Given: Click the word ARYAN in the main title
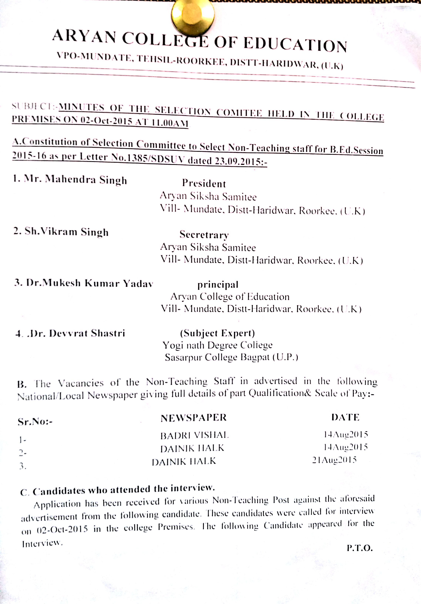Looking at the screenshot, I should point(84,36).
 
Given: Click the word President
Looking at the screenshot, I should point(204,183).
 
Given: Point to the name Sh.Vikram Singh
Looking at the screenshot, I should point(61,231).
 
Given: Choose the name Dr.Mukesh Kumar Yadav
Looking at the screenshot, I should point(84,283).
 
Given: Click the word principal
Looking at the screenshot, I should point(218,284).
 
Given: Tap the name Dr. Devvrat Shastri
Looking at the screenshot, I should point(70,333).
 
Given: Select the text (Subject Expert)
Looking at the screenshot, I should point(217,333).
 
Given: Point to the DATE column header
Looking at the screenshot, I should point(345,417).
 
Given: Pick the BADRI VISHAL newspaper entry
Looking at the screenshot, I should point(195,435).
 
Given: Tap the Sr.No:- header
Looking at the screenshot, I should point(35,422).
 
